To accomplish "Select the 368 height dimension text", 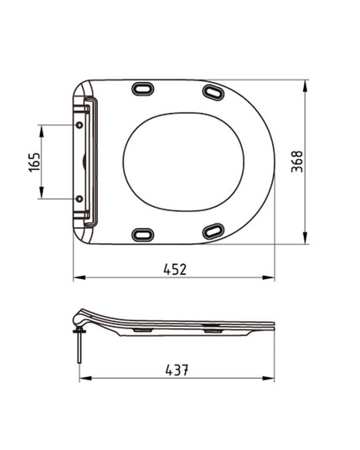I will point(299,161).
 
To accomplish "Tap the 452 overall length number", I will point(174,269).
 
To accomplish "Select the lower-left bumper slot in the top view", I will point(144,235).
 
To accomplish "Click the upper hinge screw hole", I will point(80,124).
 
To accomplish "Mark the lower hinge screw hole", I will point(80,199).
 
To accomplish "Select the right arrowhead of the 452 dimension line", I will point(275,277).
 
